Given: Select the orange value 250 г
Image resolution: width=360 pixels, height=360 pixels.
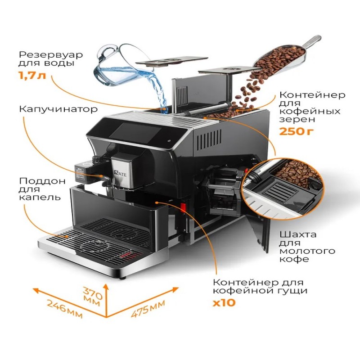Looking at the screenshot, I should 295,131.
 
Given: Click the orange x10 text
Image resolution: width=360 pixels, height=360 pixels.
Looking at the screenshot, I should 224,302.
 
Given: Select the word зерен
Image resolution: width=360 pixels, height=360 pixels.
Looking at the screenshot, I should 295,120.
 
